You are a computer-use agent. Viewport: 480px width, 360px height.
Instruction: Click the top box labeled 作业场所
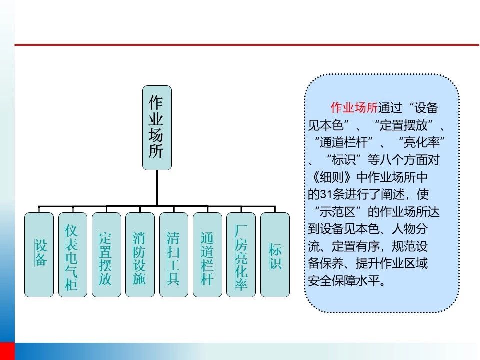click(x=157, y=128)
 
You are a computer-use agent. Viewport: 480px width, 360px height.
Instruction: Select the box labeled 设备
click(x=39, y=255)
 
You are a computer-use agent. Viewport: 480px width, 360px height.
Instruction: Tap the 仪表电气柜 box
click(x=73, y=255)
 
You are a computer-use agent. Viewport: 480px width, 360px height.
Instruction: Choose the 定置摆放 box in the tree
click(x=106, y=255)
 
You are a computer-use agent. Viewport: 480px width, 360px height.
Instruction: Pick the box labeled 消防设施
click(x=140, y=255)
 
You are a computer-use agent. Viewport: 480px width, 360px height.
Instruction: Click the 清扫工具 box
click(x=174, y=255)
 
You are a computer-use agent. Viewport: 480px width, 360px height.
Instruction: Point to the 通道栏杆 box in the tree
click(x=207, y=255)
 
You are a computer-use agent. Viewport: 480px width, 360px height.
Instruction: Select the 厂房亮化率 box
click(x=241, y=255)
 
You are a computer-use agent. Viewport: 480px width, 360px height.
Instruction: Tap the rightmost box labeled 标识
click(x=275, y=255)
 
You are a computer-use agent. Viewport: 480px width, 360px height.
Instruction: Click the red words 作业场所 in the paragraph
click(x=354, y=108)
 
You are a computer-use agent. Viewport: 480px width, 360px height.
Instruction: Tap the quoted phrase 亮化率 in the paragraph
click(x=422, y=142)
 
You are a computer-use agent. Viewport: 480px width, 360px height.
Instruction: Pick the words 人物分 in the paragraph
click(x=410, y=229)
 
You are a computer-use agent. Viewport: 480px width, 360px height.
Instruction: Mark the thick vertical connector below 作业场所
click(x=157, y=188)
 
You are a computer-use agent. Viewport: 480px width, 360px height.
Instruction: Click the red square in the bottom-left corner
click(x=7, y=351)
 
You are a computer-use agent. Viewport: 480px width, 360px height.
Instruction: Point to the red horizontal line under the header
click(x=247, y=45)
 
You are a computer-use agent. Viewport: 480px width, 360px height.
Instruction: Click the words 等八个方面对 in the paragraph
click(x=404, y=160)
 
